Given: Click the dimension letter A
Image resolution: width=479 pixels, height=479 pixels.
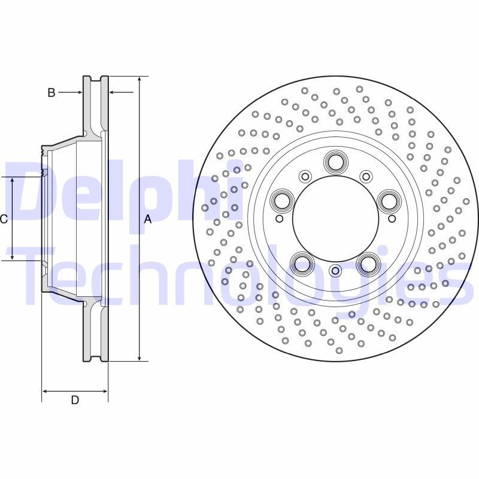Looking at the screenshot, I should pyautogui.click(x=148, y=219).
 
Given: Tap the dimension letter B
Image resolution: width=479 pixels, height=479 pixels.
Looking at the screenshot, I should pyautogui.click(x=51, y=92).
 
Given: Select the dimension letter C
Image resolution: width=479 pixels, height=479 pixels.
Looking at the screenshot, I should pyautogui.click(x=4, y=219).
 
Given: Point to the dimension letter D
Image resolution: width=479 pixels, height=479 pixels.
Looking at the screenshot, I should pyautogui.click(x=75, y=400).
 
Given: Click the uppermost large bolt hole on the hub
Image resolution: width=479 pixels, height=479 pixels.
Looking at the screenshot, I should pyautogui.click(x=335, y=161).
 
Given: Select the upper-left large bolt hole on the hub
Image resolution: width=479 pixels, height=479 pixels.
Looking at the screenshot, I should pyautogui.click(x=281, y=201).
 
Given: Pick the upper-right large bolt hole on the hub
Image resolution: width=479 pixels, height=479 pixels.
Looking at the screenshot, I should pyautogui.click(x=389, y=201).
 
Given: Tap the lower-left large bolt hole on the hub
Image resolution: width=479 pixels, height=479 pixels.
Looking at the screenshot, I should pyautogui.click(x=302, y=263).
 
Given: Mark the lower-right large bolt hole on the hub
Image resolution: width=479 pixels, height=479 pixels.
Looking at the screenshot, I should pyautogui.click(x=368, y=263).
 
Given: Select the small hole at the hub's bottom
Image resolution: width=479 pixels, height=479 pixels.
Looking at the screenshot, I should pyautogui.click(x=335, y=271).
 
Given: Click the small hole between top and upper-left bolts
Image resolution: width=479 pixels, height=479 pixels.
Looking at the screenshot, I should pyautogui.click(x=305, y=176).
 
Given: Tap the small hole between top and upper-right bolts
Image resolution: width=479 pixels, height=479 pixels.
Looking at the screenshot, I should pyautogui.click(x=366, y=176).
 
